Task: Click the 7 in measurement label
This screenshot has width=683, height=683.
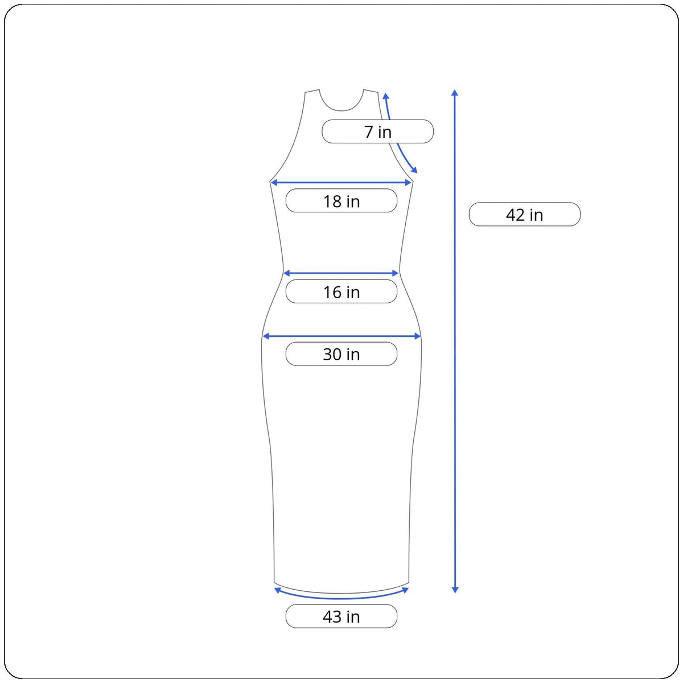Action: [377, 131]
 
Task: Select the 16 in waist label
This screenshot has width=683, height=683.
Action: [341, 291]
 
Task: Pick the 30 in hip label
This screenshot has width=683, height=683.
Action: [341, 353]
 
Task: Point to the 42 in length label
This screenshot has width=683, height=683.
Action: [525, 215]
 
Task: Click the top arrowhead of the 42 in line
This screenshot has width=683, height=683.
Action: [455, 93]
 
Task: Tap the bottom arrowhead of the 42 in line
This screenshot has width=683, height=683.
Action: [455, 590]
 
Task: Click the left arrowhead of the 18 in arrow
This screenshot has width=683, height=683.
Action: [274, 183]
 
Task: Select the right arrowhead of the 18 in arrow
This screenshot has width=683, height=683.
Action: [408, 183]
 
